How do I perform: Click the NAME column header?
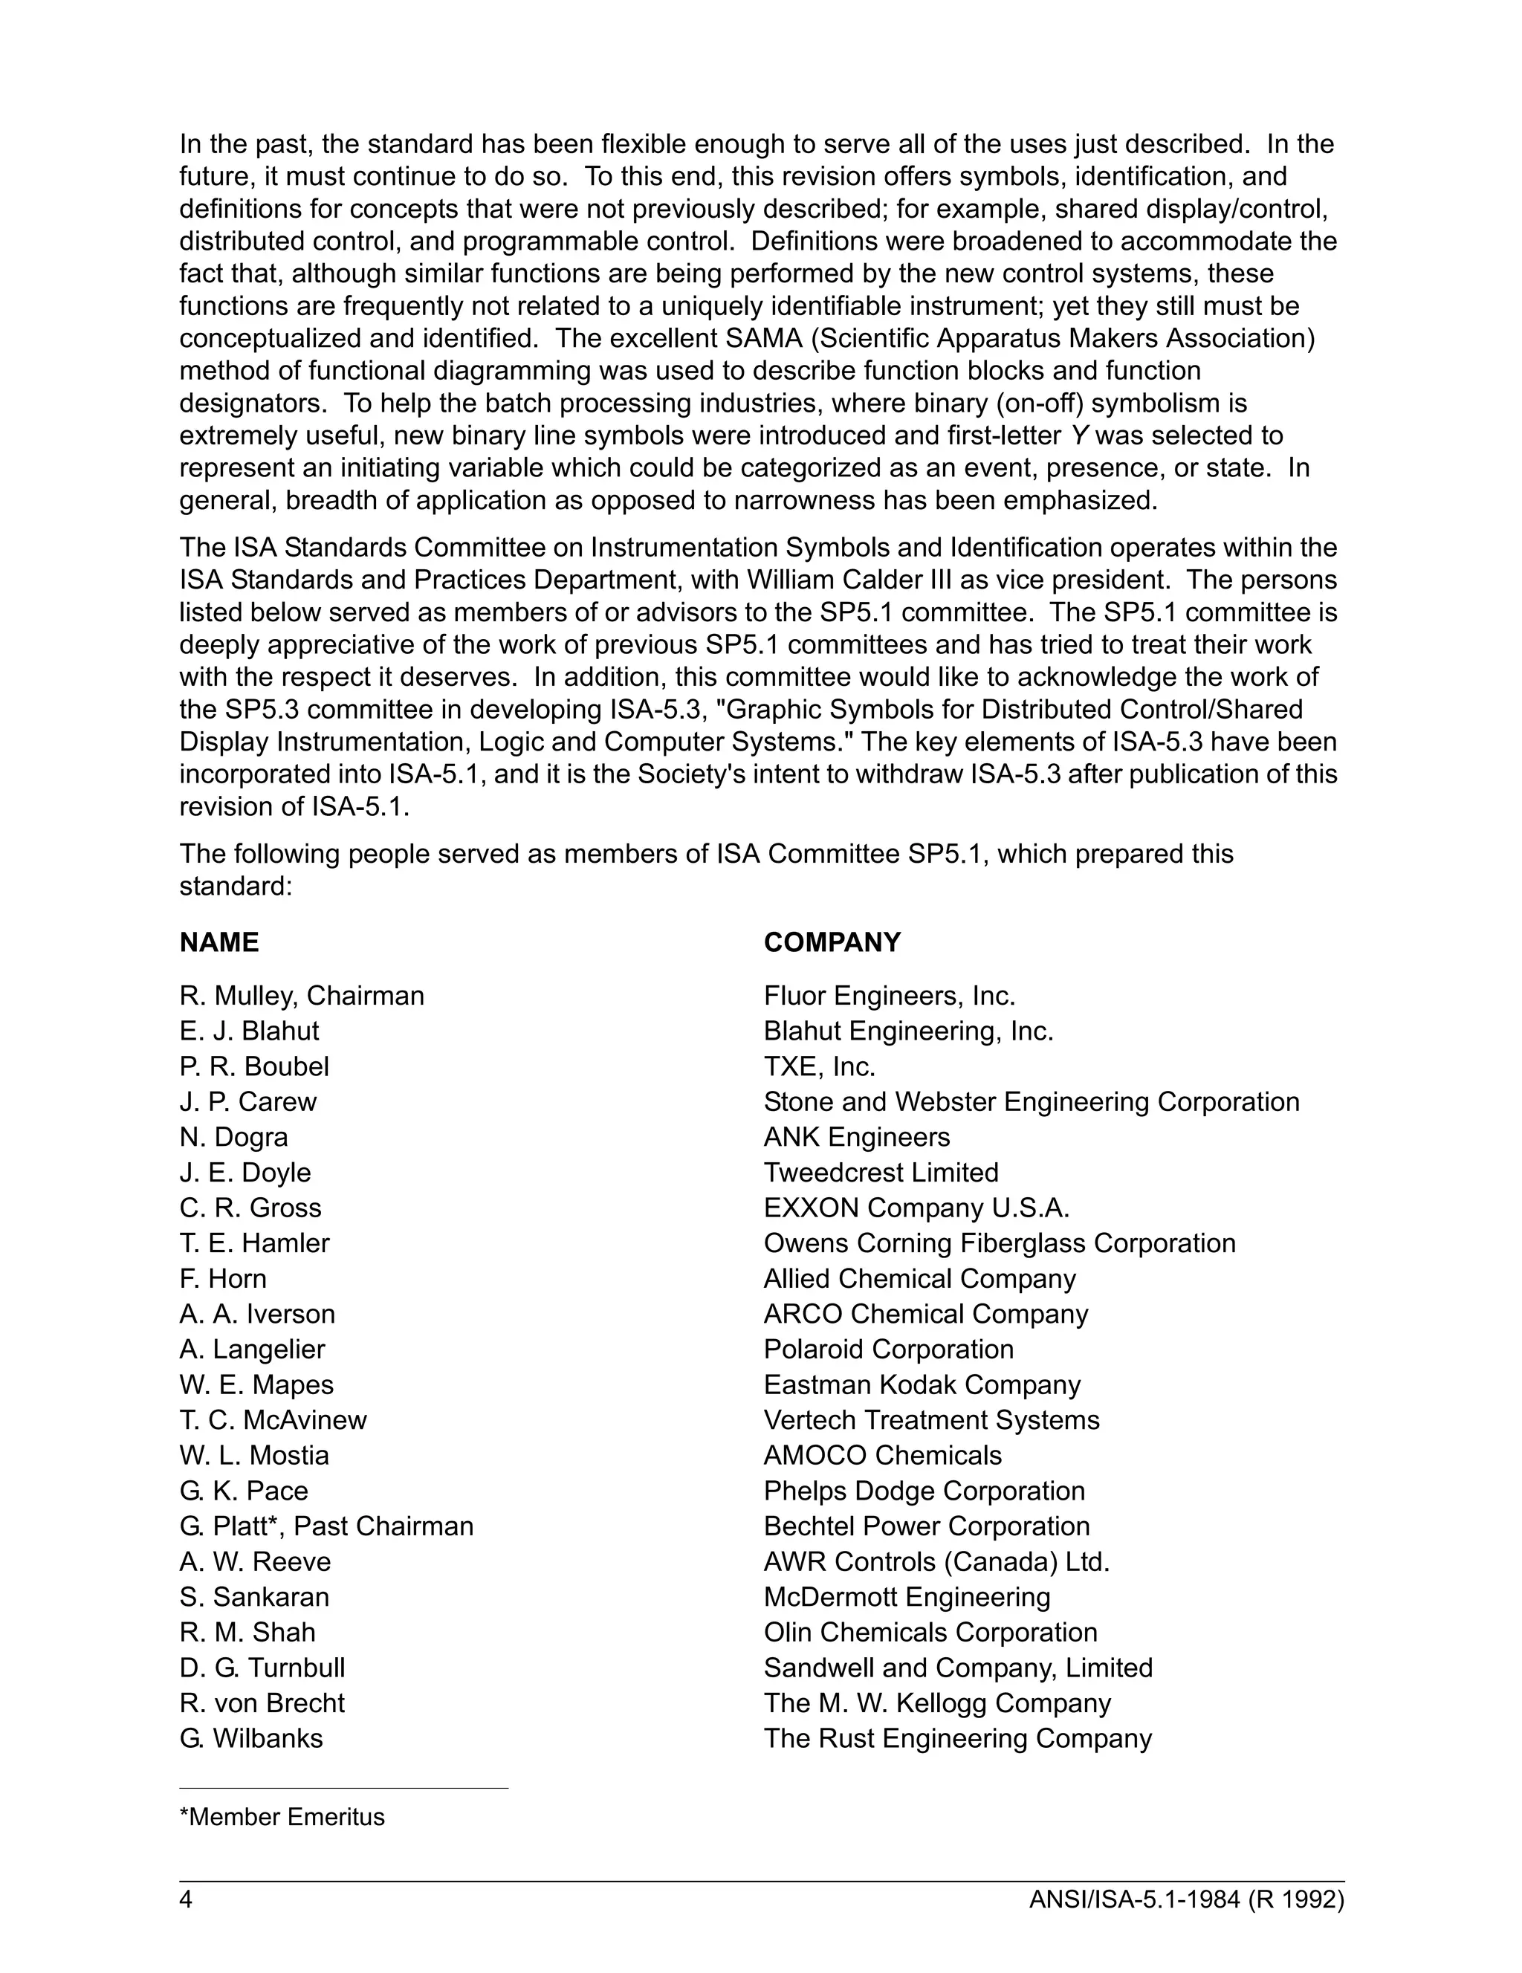(x=218, y=942)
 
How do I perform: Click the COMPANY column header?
(x=832, y=942)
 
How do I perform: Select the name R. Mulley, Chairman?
(x=302, y=996)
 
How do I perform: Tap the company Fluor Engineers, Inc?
(x=890, y=996)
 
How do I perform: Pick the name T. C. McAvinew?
(x=273, y=1420)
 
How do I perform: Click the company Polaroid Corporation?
(x=889, y=1349)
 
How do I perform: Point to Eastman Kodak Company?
(x=922, y=1385)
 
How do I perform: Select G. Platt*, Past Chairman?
(x=326, y=1526)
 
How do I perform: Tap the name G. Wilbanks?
(x=251, y=1738)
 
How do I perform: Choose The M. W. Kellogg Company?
(x=936, y=1703)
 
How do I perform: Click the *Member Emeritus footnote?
(x=282, y=1817)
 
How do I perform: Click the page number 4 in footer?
(x=186, y=1900)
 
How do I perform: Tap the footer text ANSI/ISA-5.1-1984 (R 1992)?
(x=1186, y=1900)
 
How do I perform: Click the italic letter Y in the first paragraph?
(x=1078, y=435)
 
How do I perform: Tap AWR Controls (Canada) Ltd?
(x=936, y=1561)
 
